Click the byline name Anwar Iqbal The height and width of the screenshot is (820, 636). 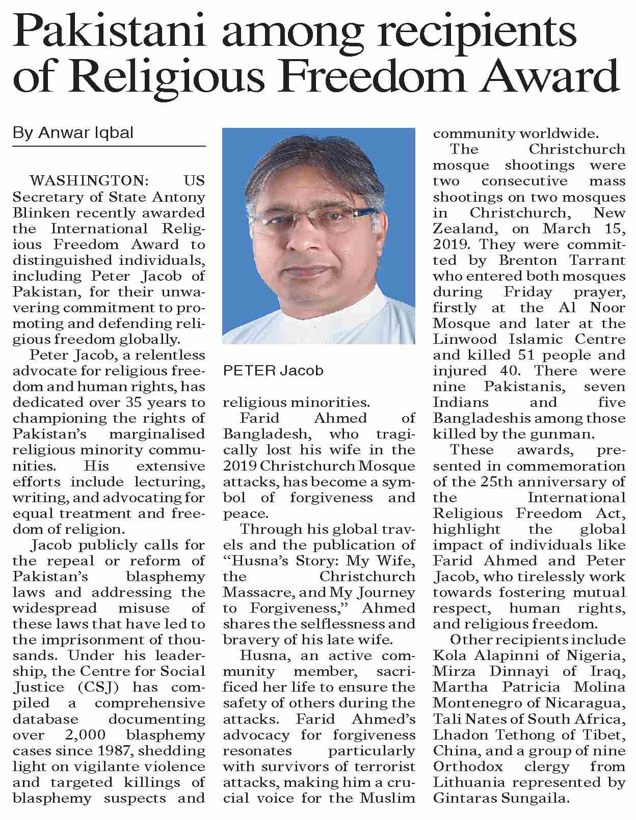click(85, 133)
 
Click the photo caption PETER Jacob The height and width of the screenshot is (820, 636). click(273, 370)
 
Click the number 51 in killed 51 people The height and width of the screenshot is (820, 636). click(527, 355)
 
